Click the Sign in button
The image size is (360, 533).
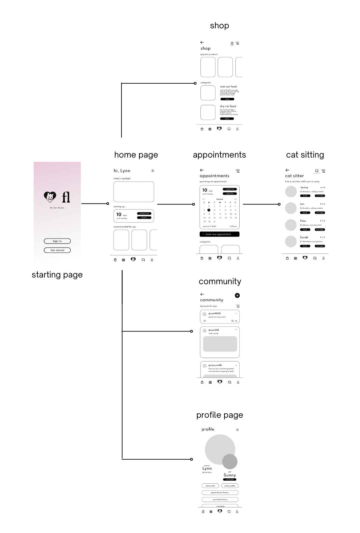[57, 241]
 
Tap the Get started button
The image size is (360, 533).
[57, 250]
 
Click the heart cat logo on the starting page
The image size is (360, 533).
[50, 197]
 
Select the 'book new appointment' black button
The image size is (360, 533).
[219, 234]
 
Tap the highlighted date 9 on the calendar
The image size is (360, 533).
[209, 210]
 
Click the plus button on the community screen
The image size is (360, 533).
[237, 295]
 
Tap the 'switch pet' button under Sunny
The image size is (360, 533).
[230, 480]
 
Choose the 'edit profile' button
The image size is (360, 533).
[210, 486]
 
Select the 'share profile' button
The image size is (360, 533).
[230, 486]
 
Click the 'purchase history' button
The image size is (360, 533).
[220, 499]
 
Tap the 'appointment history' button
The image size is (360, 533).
[220, 492]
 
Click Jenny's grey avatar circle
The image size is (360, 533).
[291, 192]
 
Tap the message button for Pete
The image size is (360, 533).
[320, 230]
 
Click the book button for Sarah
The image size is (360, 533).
[305, 246]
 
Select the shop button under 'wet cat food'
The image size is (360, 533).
[227, 99]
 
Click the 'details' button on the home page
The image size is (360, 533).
[144, 218]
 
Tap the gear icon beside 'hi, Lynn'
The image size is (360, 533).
[153, 171]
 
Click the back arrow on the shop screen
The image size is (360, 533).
[202, 42]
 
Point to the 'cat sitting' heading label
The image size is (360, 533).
[305, 155]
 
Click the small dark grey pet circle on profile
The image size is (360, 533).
[230, 461]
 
